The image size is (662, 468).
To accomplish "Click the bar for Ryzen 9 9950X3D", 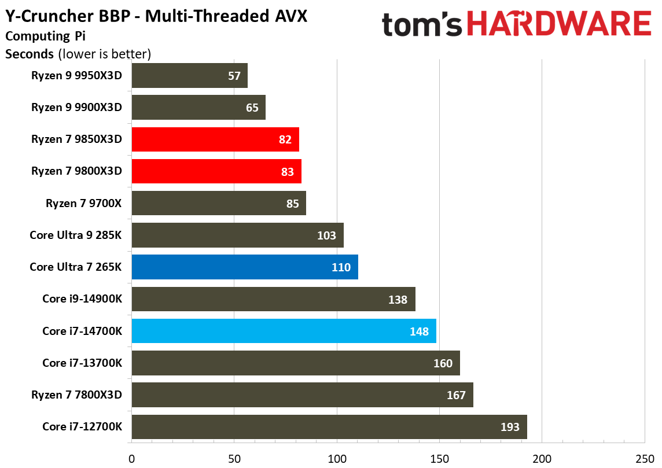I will [189, 75].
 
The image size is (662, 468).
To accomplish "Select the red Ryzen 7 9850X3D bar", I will [215, 139].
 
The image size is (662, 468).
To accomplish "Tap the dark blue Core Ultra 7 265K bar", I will [244, 267].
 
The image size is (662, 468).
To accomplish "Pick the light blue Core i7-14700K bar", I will [284, 331].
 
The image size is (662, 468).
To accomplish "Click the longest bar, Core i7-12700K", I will [329, 427].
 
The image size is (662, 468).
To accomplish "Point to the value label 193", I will [510, 428].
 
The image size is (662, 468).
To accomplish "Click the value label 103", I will [327, 235].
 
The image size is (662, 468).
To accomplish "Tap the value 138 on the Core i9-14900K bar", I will [398, 300].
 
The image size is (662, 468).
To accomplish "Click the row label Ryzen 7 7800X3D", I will [76, 395].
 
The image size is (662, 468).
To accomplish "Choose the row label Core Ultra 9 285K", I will [75, 235].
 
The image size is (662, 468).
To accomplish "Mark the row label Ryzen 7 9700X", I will [84, 204].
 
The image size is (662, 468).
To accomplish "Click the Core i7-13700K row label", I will [82, 363].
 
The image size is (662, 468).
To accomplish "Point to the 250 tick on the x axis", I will [644, 459].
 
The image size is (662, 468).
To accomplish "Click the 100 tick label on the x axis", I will [337, 459].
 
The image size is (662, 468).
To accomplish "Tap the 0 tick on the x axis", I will [132, 459].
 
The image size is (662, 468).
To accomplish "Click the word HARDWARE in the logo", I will [558, 25].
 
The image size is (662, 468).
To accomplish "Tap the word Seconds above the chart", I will [29, 54].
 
